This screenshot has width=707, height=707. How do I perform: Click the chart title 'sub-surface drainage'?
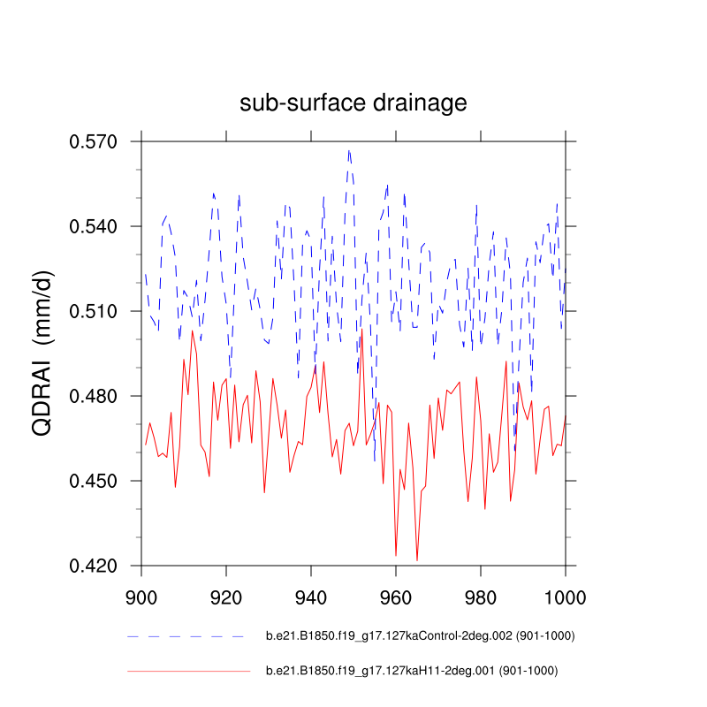353,103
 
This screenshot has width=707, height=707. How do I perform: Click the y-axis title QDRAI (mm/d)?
44,353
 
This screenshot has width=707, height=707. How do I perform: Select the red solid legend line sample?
189,672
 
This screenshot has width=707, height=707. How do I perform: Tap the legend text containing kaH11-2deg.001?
412,672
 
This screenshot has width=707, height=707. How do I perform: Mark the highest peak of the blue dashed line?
349,150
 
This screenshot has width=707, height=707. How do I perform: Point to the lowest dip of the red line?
417,559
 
